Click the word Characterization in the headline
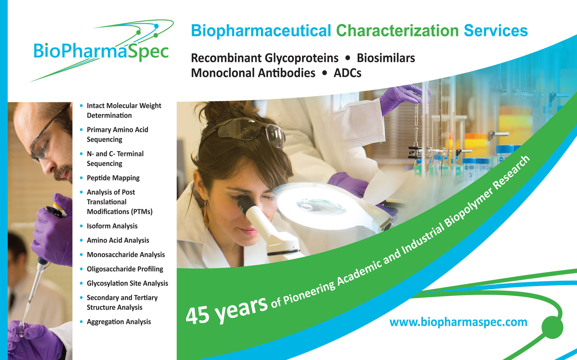[x=397, y=31]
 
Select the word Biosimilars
[x=386, y=58]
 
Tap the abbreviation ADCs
[x=347, y=73]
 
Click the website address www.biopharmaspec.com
[x=458, y=322]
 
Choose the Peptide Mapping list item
[x=113, y=178]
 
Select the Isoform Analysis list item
[x=112, y=226]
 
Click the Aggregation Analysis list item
[x=119, y=322]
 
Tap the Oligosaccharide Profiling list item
[x=125, y=269]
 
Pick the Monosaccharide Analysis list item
[x=126, y=255]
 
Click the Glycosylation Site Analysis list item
[x=127, y=283]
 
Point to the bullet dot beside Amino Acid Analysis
[x=81, y=240]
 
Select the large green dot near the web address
[x=552, y=327]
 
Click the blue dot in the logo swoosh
[x=156, y=26]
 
